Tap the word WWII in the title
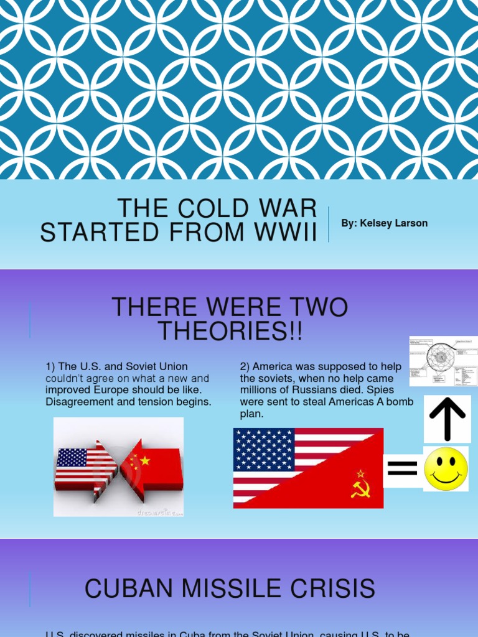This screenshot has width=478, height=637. (x=284, y=232)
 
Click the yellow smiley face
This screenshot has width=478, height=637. (x=446, y=469)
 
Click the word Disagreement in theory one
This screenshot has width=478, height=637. (x=77, y=402)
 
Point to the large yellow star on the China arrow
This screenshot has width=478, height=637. (x=145, y=461)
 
